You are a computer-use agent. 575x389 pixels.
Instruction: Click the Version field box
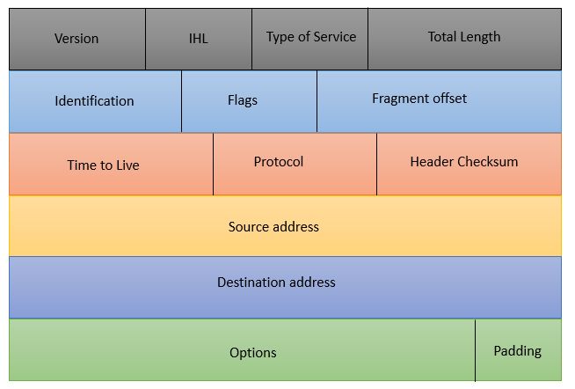point(77,39)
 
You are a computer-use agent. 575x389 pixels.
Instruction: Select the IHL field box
point(199,39)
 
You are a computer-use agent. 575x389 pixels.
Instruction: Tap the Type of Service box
point(309,39)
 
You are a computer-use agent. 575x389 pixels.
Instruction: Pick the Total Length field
point(464,39)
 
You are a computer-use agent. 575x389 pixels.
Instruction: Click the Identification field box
point(95,101)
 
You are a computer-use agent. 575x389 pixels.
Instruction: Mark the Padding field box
point(518,350)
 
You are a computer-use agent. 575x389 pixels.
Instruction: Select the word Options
point(253,353)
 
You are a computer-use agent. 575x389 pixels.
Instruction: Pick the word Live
point(127,165)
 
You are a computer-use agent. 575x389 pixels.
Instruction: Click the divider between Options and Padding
point(475,350)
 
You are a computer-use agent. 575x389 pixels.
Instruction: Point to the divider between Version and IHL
point(146,39)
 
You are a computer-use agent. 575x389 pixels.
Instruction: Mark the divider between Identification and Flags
point(181,101)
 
